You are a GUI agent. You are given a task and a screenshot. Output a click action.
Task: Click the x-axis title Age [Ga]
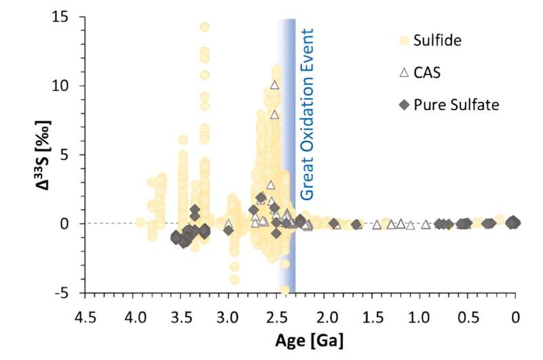298,337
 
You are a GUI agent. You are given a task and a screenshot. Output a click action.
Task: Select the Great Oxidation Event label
307,114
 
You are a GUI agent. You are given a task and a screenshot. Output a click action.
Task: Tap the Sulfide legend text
438,40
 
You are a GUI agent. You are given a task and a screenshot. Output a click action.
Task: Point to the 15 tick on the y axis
67,16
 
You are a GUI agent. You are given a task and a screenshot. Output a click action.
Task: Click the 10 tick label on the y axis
67,86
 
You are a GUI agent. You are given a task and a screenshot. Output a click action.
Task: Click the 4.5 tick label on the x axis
85,316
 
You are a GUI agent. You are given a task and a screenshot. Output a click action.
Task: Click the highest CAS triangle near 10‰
274,85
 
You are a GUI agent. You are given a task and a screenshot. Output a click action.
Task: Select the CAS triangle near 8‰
274,114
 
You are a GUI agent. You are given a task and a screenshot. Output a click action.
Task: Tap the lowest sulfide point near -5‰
285,290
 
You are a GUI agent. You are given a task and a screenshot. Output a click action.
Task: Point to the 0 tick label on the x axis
515,316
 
